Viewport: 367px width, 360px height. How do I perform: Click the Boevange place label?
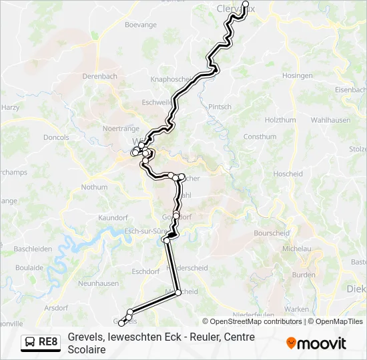point(140,25)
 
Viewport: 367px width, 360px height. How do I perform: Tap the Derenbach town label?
point(99,77)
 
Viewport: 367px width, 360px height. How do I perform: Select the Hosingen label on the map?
point(298,76)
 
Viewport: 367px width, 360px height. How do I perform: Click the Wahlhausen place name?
point(332,121)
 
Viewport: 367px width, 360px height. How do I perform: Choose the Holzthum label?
point(280,121)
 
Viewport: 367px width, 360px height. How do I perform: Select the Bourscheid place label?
point(272,233)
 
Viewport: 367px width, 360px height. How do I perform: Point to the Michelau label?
point(297,249)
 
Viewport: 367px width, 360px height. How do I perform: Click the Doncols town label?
point(55,138)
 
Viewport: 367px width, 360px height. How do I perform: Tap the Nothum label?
point(94,187)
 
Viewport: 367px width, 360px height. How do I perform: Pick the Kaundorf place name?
point(112,218)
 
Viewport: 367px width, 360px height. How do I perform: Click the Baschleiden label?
point(33,249)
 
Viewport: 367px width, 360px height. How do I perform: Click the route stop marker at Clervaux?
point(245,3)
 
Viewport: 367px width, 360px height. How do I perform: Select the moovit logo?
point(316,343)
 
